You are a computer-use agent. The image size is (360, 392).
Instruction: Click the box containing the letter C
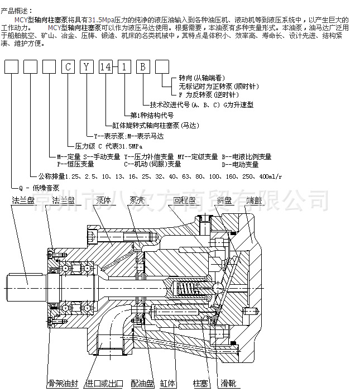click(x=68, y=68)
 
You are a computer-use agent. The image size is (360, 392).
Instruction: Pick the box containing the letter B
click(x=143, y=68)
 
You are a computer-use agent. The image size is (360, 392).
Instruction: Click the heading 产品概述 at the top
click(x=17, y=11)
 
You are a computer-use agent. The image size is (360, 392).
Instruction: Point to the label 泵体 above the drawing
click(x=103, y=200)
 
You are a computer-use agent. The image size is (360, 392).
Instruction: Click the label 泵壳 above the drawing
click(x=137, y=200)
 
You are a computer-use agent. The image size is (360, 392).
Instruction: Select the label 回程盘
click(x=184, y=200)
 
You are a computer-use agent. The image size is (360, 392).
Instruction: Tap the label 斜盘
click(x=224, y=200)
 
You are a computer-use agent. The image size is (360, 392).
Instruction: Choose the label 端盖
click(x=252, y=200)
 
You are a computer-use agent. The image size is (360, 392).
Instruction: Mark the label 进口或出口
click(x=103, y=384)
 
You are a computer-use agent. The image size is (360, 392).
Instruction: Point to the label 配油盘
click(x=141, y=384)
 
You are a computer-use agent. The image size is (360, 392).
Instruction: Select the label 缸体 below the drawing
click(x=168, y=384)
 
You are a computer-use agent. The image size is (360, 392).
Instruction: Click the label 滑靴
click(x=228, y=384)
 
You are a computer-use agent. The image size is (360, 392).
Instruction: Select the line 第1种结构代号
click(x=150, y=116)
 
